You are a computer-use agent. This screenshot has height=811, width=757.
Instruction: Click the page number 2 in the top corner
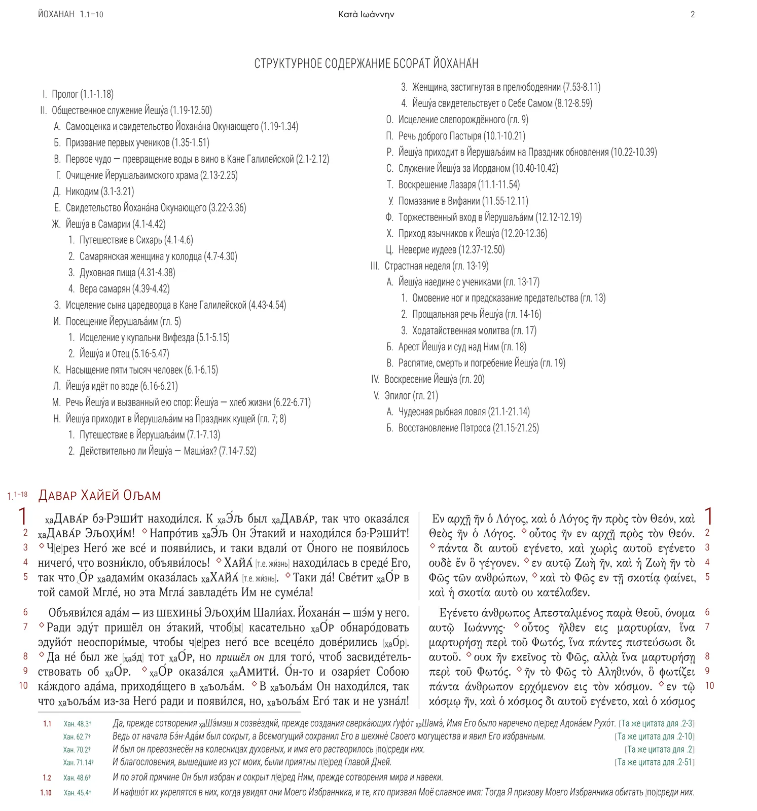693,15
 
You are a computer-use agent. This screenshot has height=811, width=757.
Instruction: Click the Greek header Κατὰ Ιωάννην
366,15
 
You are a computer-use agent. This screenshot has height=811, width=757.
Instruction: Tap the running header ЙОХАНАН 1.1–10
70,15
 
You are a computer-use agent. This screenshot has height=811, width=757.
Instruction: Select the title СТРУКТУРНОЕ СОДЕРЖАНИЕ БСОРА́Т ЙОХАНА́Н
366,64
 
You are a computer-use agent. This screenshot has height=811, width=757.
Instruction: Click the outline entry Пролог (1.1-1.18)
83,94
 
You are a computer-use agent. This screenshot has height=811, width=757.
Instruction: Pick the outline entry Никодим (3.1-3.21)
100,192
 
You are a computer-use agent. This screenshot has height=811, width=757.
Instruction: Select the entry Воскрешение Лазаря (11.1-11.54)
459,185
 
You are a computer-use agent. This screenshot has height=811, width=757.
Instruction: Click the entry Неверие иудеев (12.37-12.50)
451,249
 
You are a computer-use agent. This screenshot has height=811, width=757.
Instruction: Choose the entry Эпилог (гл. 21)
411,395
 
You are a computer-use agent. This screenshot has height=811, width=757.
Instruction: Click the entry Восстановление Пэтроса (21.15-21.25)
468,428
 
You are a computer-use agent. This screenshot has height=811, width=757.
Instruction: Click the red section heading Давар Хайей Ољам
100,495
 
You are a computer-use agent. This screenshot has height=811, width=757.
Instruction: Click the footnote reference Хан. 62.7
77,736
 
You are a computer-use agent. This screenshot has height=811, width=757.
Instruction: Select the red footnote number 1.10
46,793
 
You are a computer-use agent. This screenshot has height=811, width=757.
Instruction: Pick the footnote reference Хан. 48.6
77,778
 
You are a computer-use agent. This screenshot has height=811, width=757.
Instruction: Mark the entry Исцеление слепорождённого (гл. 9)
463,120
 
